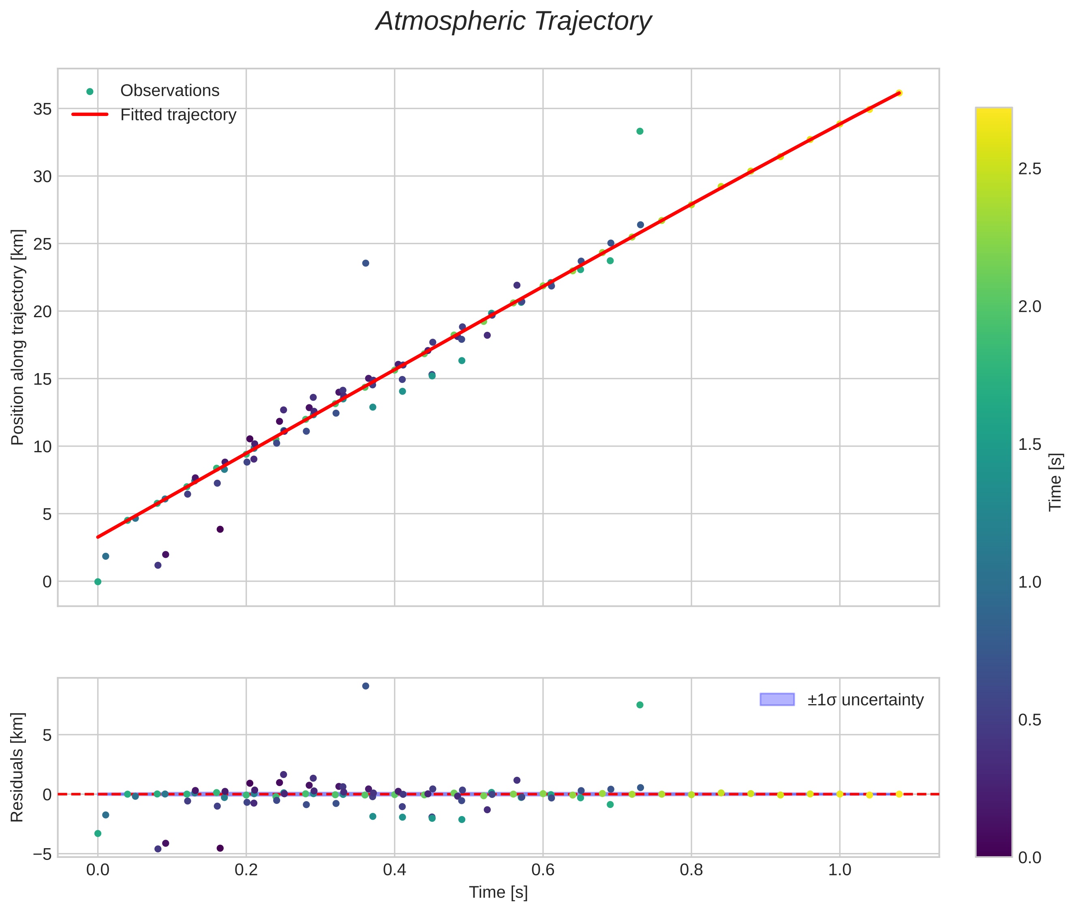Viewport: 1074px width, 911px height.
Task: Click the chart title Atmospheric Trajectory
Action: [513, 21]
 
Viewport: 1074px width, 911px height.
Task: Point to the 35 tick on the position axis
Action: [43, 109]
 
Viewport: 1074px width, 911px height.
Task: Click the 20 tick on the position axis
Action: [43, 312]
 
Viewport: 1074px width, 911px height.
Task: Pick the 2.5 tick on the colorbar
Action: [1029, 170]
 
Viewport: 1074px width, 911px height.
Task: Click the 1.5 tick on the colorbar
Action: [1029, 445]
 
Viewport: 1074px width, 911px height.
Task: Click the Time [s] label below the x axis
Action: [498, 892]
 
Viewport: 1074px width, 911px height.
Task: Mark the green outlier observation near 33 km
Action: [640, 131]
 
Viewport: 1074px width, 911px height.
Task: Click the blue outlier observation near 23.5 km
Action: [366, 263]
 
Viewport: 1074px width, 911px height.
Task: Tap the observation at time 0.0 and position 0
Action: [98, 582]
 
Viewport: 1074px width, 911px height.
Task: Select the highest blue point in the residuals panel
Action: [366, 686]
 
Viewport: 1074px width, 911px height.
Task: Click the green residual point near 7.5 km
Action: [640, 705]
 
